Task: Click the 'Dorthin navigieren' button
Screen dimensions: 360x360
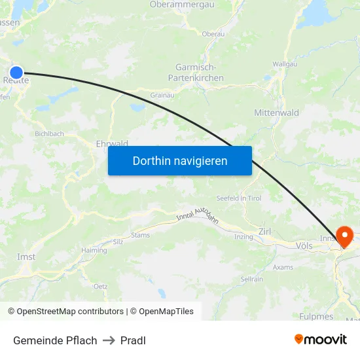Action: click(180, 160)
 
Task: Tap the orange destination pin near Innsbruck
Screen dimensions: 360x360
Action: click(344, 236)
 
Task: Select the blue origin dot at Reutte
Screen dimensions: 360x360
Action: click(16, 73)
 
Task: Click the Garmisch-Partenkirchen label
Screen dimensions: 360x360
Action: click(200, 73)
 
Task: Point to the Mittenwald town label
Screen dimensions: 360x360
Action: click(276, 113)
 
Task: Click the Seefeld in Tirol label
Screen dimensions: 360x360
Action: click(239, 198)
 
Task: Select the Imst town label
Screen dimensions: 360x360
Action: click(26, 257)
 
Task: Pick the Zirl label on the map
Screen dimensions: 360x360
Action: click(265, 231)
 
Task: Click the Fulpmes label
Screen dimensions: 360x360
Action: click(317, 316)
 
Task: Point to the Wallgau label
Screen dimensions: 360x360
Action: click(284, 64)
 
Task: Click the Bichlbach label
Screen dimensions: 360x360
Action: click(50, 134)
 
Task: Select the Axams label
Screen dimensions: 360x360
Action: click(283, 267)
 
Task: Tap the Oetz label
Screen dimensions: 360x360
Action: click(100, 286)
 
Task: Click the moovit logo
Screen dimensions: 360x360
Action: click(321, 339)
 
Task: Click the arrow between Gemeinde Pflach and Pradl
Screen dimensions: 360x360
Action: click(109, 340)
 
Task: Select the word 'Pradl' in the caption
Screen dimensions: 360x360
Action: click(134, 340)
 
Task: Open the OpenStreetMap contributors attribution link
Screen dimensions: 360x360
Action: click(70, 312)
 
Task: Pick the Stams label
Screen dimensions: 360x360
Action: click(140, 234)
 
